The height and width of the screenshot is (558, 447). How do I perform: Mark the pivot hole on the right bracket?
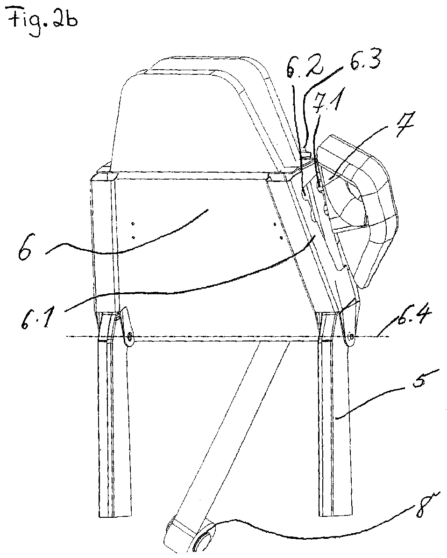350,335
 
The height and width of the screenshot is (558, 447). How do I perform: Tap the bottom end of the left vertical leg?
115,518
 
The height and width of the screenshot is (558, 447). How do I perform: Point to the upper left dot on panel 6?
133,224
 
